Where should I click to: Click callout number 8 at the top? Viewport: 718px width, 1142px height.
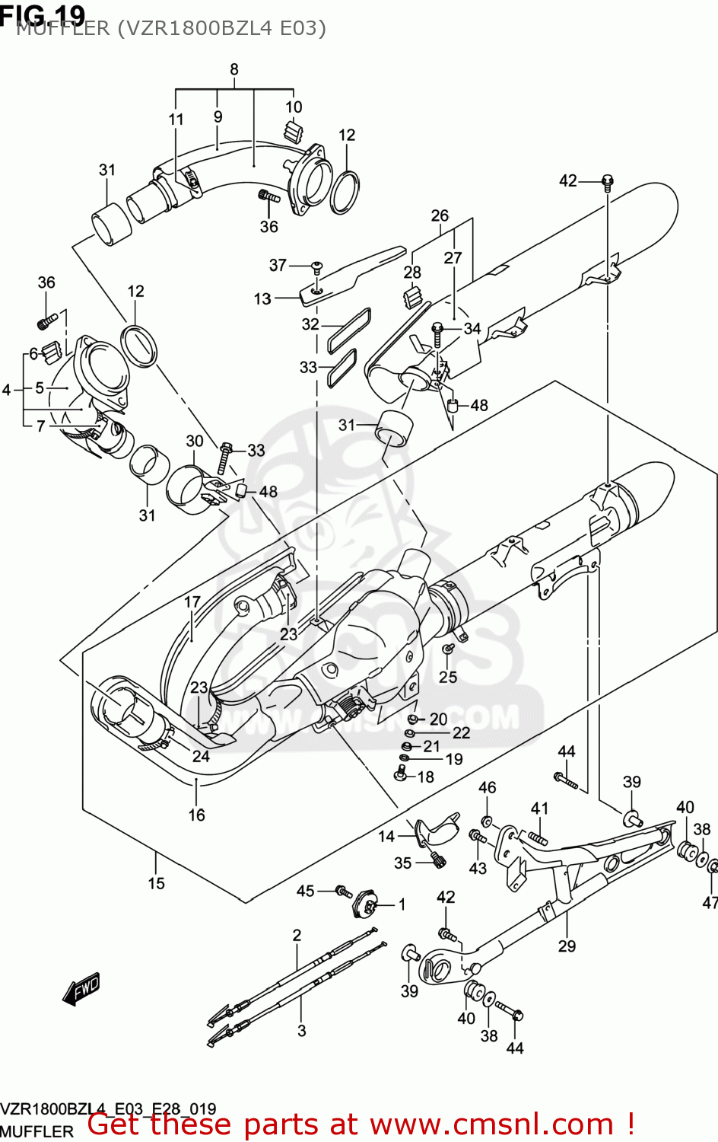pos(234,69)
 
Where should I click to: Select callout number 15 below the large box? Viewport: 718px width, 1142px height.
pos(156,883)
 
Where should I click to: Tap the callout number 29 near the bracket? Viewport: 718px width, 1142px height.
pos(567,946)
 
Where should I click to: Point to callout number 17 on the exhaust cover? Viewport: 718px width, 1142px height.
pos(192,602)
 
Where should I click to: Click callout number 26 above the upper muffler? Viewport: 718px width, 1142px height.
pos(440,215)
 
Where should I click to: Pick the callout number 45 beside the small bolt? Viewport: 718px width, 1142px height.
pos(305,890)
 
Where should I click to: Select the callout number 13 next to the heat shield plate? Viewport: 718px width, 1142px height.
pos(262,298)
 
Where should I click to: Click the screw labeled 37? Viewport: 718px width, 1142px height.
pos(317,266)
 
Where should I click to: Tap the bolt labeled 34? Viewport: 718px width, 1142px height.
pos(438,329)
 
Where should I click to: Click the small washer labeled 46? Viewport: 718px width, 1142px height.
pos(487,820)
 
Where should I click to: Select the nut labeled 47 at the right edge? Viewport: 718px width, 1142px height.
pos(713,867)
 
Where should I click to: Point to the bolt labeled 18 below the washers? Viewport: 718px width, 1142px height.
pos(400,775)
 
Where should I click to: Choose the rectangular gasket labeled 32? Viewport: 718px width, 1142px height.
pos(349,329)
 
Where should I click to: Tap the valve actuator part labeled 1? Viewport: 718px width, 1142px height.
pos(367,905)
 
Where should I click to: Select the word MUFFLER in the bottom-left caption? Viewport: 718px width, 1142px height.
pos(37,1131)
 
